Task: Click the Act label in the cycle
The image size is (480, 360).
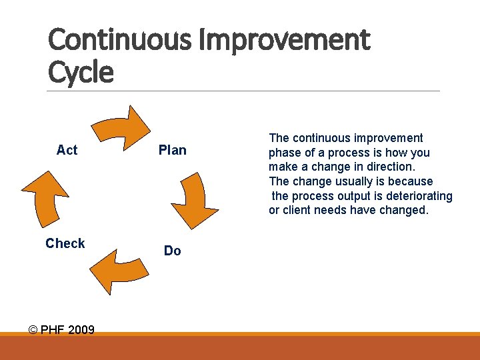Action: pyautogui.click(x=67, y=150)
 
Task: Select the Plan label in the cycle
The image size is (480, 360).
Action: pyautogui.click(x=172, y=150)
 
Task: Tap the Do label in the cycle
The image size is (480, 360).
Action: pyautogui.click(x=172, y=251)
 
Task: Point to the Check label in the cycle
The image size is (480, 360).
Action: pyautogui.click(x=65, y=243)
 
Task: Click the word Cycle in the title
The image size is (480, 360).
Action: pyautogui.click(x=81, y=72)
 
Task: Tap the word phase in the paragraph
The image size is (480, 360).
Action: pyautogui.click(x=284, y=153)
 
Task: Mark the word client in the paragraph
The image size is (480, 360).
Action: pyautogui.click(x=298, y=211)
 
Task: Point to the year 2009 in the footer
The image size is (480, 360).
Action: pyautogui.click(x=80, y=330)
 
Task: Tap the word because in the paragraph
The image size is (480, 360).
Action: pyautogui.click(x=411, y=181)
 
